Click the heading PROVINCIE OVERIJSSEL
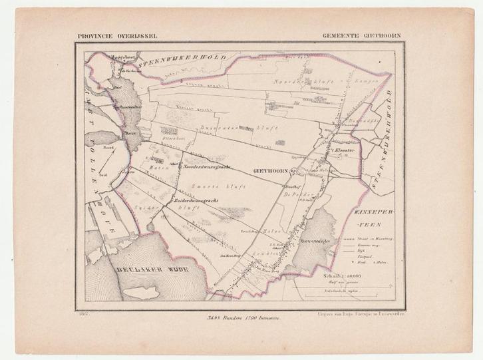click(115, 38)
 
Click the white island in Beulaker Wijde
click(144, 288)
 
